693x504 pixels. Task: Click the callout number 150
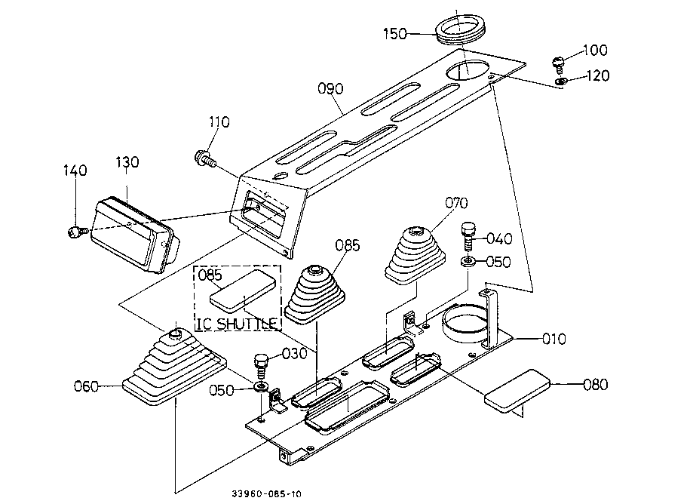[x=394, y=34]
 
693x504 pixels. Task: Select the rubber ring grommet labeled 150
[x=461, y=29]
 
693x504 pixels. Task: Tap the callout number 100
[x=595, y=50]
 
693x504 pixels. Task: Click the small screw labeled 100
[x=559, y=65]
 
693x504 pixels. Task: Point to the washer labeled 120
[x=561, y=81]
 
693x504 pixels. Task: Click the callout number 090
[x=330, y=89]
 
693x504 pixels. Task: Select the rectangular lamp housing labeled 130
[x=135, y=235]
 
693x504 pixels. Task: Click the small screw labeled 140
[x=75, y=232]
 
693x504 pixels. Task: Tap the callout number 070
[x=456, y=203]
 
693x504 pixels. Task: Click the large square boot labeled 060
[x=175, y=368]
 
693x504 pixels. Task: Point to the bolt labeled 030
[x=261, y=366]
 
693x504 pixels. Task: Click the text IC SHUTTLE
[x=238, y=324]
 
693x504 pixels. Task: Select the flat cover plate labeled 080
[x=517, y=391]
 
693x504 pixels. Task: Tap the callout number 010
[x=553, y=339]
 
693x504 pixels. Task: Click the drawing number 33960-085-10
[x=266, y=494]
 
